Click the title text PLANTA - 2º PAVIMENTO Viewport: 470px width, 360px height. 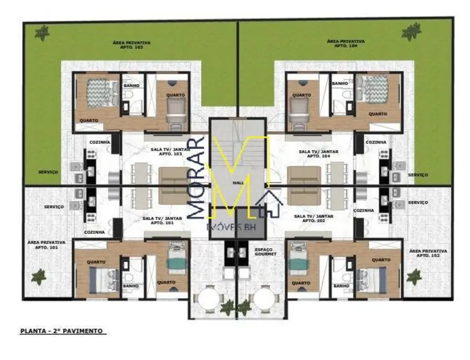click(62, 331)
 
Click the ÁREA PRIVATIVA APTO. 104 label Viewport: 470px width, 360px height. click(345, 43)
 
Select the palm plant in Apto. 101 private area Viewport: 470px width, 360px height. click(39, 275)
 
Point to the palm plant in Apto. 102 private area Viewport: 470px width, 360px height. click(413, 275)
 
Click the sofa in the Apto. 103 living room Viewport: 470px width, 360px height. click(175, 186)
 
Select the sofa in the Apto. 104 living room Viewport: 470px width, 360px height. click(304, 186)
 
